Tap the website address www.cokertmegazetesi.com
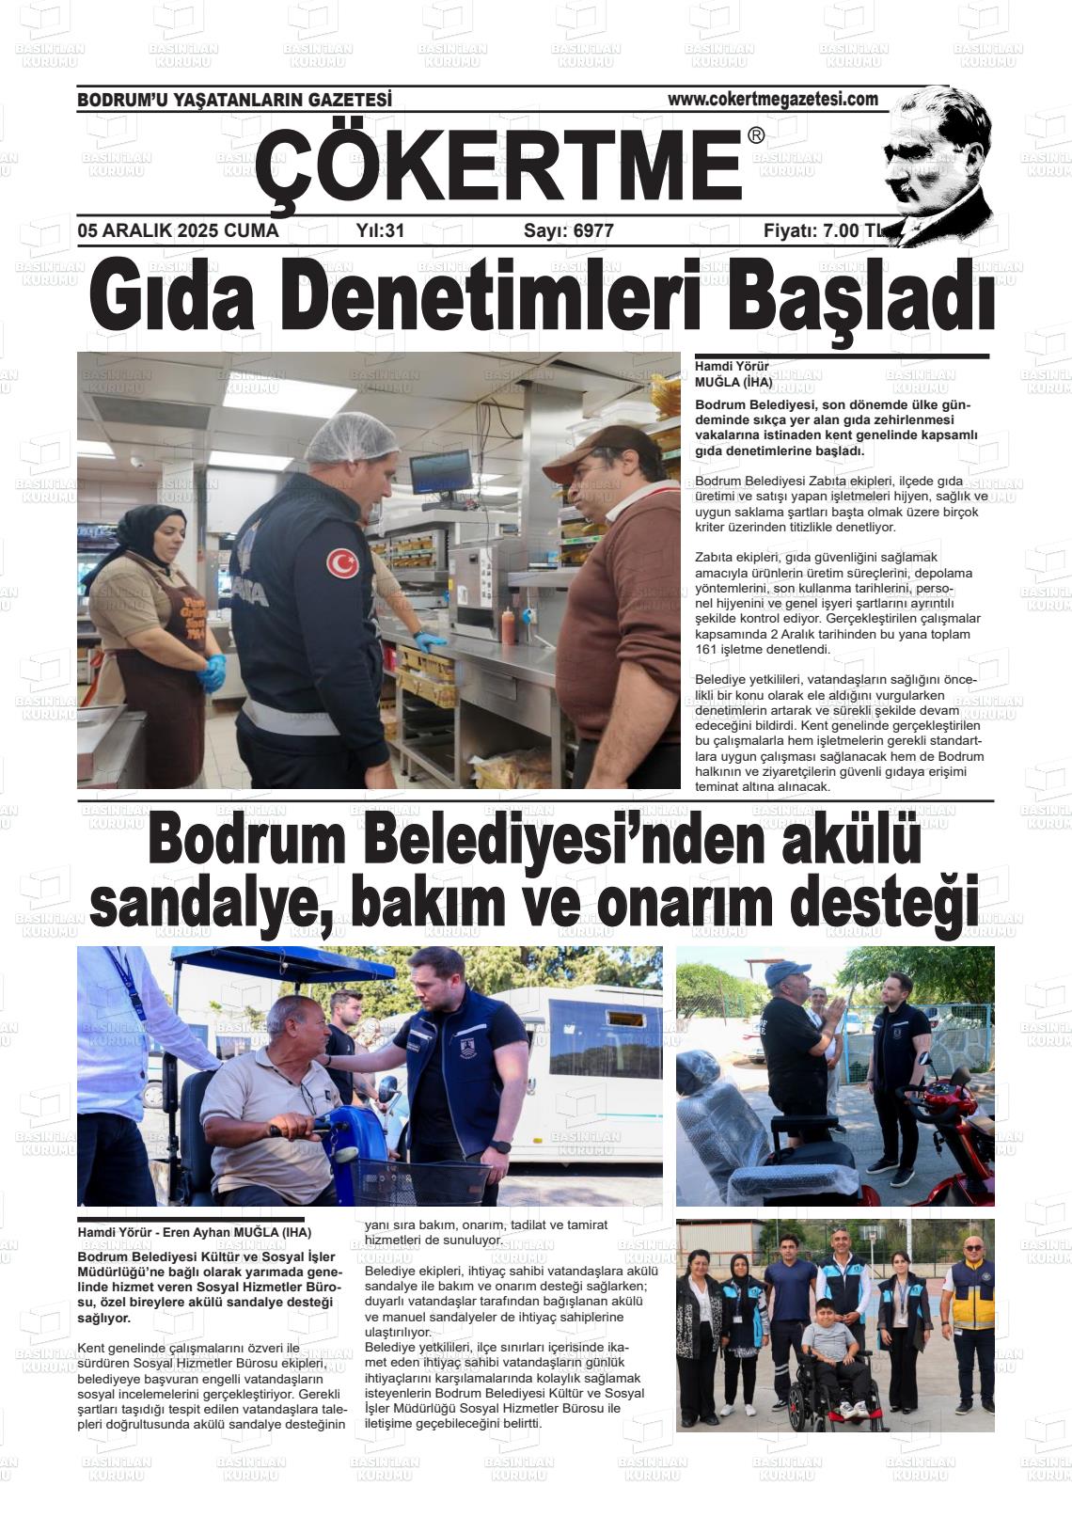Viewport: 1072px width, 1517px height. tap(772, 99)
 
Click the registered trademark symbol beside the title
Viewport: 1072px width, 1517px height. tap(756, 136)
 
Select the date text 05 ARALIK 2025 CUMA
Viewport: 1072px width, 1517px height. tap(179, 230)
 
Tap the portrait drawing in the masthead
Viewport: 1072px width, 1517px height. tap(937, 165)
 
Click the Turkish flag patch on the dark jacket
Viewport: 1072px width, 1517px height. tap(342, 562)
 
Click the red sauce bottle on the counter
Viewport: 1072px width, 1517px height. tap(509, 625)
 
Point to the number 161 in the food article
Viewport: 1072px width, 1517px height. tap(708, 649)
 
